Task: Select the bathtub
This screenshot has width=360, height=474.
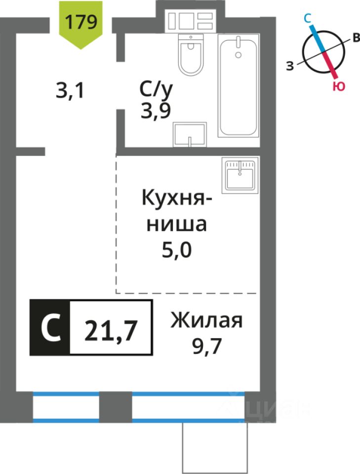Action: (x=239, y=87)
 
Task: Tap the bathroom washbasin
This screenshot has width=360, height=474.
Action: (x=189, y=134)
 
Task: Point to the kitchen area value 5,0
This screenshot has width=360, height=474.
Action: (x=176, y=250)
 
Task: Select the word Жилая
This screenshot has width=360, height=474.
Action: (x=207, y=321)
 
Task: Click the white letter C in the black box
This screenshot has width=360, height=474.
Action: (x=50, y=327)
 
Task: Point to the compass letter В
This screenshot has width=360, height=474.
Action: (x=355, y=39)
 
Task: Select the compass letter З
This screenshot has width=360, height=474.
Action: (x=290, y=65)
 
